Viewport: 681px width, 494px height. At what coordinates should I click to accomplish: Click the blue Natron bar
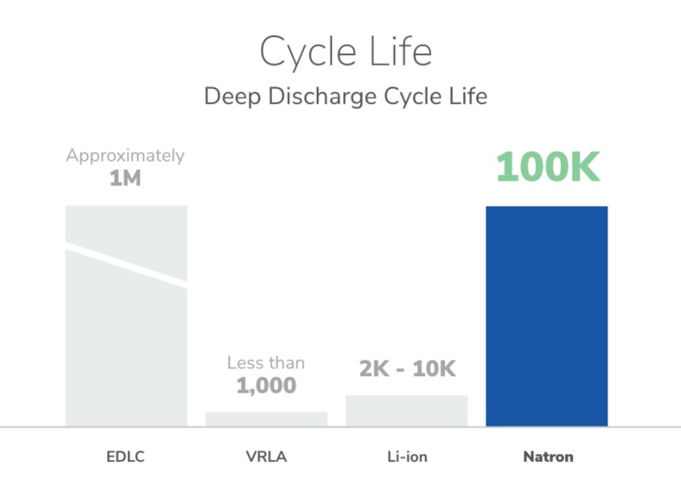tap(546, 316)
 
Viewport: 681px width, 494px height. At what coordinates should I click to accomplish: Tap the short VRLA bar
tap(267, 419)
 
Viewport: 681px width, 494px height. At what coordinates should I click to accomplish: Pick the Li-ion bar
tap(407, 411)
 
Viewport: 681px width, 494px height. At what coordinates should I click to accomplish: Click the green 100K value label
tap(547, 168)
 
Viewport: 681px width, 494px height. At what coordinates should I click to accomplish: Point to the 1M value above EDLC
tap(125, 180)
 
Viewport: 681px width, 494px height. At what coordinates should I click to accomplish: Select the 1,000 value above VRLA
tap(267, 385)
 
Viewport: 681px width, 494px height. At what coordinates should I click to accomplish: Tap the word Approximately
tap(125, 157)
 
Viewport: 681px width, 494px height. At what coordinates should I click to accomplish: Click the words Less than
tap(267, 362)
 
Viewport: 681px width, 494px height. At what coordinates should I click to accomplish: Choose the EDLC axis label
tap(126, 456)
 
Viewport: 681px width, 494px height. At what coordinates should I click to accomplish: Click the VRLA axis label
tap(267, 456)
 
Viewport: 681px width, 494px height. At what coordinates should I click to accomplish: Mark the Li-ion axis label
tap(407, 456)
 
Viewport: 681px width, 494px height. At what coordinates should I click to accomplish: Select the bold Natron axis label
tap(548, 456)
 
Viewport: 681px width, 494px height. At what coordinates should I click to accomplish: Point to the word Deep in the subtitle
tap(229, 96)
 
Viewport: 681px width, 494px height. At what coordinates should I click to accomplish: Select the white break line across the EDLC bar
tap(126, 266)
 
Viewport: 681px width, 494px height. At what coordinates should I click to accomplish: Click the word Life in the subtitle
tap(467, 95)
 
